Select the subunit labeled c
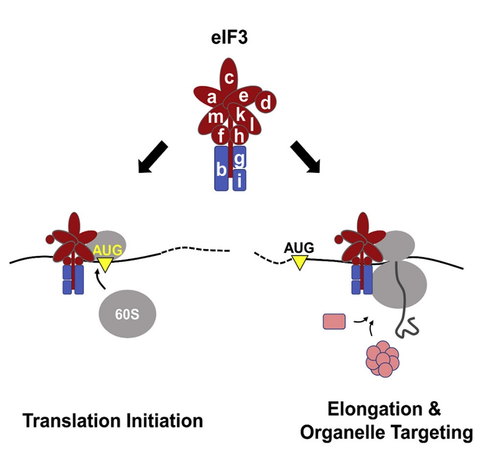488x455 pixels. click(x=229, y=78)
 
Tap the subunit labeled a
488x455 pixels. click(x=212, y=98)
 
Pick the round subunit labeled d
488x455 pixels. click(x=266, y=102)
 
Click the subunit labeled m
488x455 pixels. click(x=216, y=118)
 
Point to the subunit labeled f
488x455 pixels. click(x=220, y=136)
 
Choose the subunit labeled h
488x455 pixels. click(x=239, y=136)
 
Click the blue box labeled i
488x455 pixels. click(x=239, y=182)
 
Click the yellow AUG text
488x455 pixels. click(x=109, y=249)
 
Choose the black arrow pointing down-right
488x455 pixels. click(x=306, y=158)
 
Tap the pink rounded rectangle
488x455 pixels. click(x=334, y=321)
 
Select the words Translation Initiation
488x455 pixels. click(x=113, y=421)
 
